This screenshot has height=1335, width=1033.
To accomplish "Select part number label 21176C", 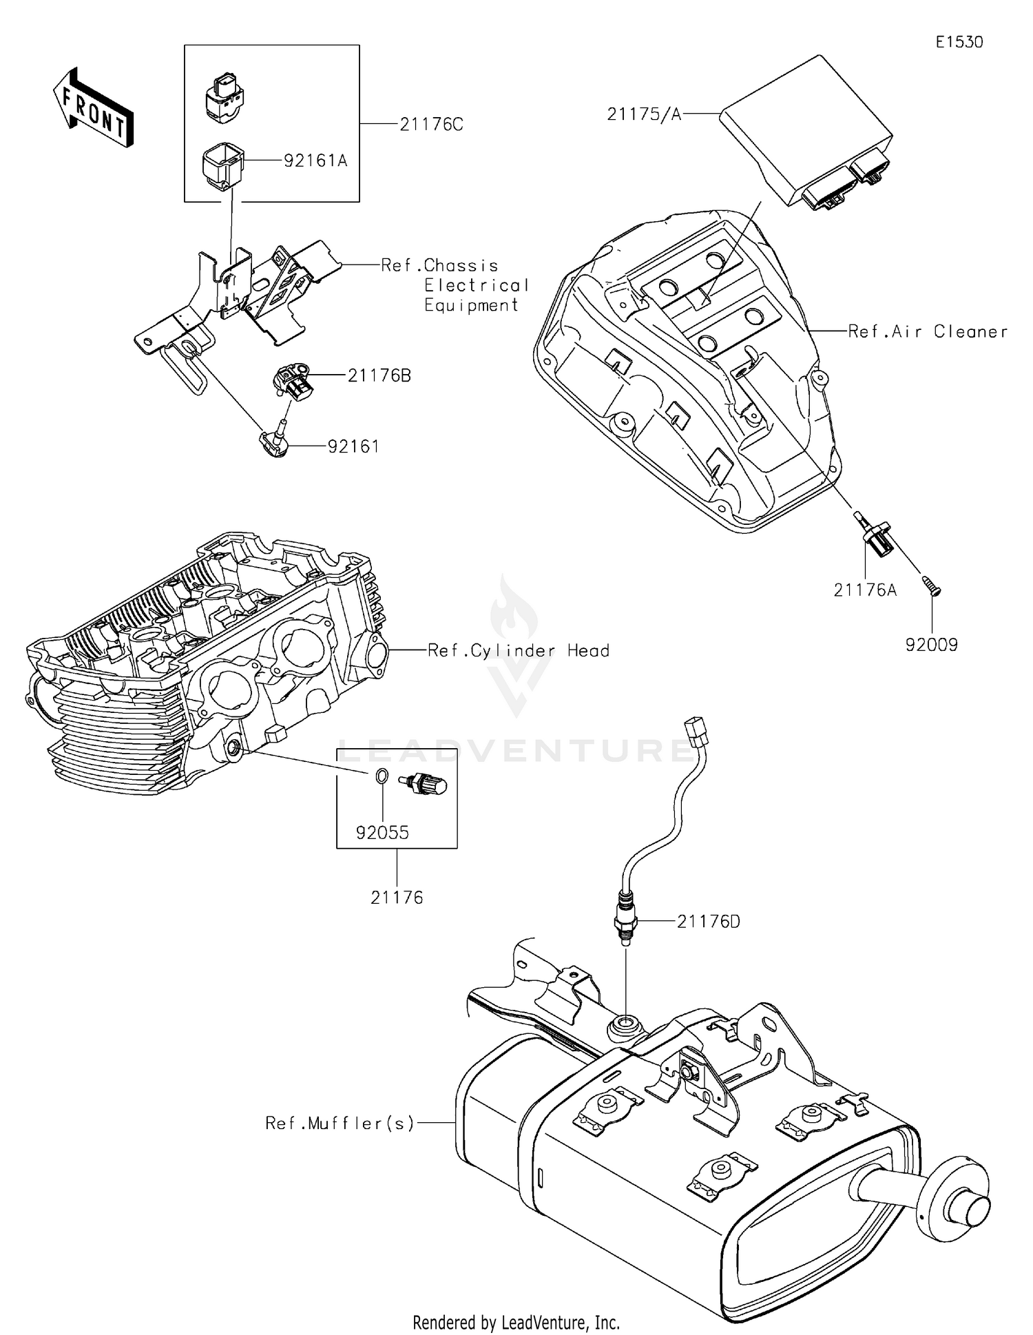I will point(431,125).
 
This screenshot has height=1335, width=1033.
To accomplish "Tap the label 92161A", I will point(315,161).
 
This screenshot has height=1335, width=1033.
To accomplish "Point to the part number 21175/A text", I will point(643,114).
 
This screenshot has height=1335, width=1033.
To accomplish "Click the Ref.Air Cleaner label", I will point(927,332).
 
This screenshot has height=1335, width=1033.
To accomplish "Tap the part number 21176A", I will point(865,590).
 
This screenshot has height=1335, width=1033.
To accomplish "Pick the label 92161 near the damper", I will point(353,447).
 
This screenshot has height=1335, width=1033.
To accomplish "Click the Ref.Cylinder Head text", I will point(518,651).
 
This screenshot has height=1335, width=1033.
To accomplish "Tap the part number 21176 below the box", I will point(397,898).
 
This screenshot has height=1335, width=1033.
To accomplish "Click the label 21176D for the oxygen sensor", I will point(708,922).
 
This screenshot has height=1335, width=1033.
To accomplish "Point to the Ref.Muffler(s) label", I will point(340,1124).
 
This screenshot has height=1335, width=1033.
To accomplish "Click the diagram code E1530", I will point(959,42).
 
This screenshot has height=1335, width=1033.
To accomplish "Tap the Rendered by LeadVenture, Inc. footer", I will point(516,1322).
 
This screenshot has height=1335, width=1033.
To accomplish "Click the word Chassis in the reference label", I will point(461,266).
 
